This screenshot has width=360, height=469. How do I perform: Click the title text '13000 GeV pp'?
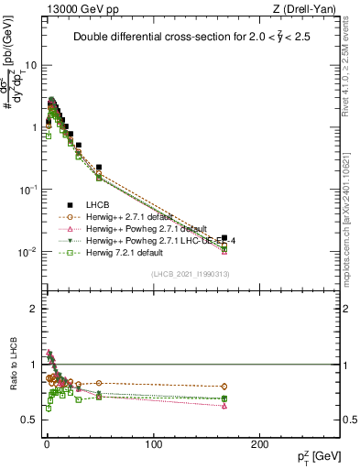point(74,10)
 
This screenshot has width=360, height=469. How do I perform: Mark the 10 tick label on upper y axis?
point(27,66)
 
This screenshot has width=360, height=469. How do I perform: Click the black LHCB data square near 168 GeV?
point(224,237)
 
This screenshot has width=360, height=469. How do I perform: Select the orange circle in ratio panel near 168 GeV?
point(224,387)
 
